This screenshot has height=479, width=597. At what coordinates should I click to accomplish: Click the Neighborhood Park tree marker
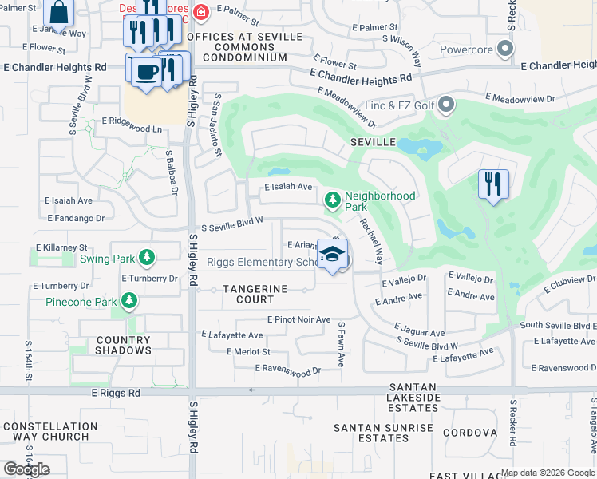(x=332, y=200)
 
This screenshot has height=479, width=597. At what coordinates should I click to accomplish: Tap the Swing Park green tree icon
(x=146, y=257)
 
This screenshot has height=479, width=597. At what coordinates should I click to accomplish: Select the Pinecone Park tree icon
(x=128, y=301)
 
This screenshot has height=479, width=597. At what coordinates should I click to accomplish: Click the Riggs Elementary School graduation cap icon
(x=332, y=255)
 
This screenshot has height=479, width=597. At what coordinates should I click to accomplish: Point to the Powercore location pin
(x=504, y=50)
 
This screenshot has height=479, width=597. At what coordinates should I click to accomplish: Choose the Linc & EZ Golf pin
(x=446, y=104)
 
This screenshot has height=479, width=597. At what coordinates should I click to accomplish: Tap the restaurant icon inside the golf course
(x=493, y=184)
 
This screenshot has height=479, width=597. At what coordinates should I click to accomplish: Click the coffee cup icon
(x=144, y=71)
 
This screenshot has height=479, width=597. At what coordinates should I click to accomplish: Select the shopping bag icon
(x=59, y=12)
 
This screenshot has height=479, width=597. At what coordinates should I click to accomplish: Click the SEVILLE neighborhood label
(x=373, y=141)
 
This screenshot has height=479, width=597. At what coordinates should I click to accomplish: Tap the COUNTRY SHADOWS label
(x=124, y=345)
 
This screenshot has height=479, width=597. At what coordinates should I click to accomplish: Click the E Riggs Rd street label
(x=116, y=393)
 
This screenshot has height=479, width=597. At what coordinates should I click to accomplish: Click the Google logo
(x=26, y=469)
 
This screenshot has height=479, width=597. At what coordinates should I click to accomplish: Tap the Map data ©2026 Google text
(x=548, y=473)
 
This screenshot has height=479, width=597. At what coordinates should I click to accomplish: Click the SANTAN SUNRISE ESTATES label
(x=384, y=433)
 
